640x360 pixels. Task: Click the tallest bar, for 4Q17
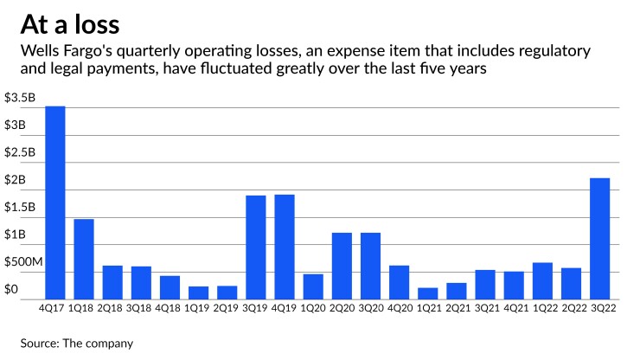55,202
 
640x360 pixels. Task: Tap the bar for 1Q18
84,258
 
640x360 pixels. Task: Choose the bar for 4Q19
285,246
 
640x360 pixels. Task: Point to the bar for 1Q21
428,292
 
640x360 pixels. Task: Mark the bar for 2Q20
342,265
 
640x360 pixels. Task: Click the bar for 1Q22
542,280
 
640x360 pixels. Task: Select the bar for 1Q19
199,292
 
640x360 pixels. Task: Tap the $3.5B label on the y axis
21,99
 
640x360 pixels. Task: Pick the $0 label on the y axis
10,290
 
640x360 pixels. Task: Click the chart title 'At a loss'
70,23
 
